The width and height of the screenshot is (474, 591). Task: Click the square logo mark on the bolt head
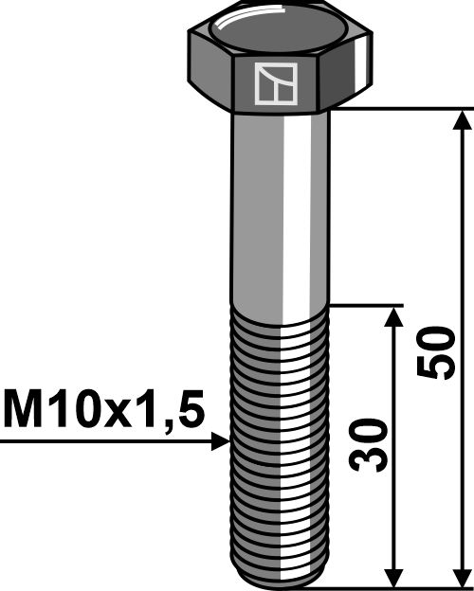pyautogui.click(x=276, y=83)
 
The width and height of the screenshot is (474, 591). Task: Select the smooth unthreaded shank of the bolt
pyautogui.click(x=282, y=208)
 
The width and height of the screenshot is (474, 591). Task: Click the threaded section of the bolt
pyautogui.click(x=282, y=436)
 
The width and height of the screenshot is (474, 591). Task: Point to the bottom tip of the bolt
pyautogui.click(x=282, y=580)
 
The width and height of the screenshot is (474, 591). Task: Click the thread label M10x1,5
pyautogui.click(x=103, y=411)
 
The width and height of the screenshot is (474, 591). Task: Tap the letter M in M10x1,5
pyautogui.click(x=25, y=411)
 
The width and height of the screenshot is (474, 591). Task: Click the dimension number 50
pyautogui.click(x=435, y=353)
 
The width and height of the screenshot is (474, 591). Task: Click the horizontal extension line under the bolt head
pyautogui.click(x=398, y=109)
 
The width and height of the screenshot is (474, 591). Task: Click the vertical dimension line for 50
pyautogui.click(x=463, y=237)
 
